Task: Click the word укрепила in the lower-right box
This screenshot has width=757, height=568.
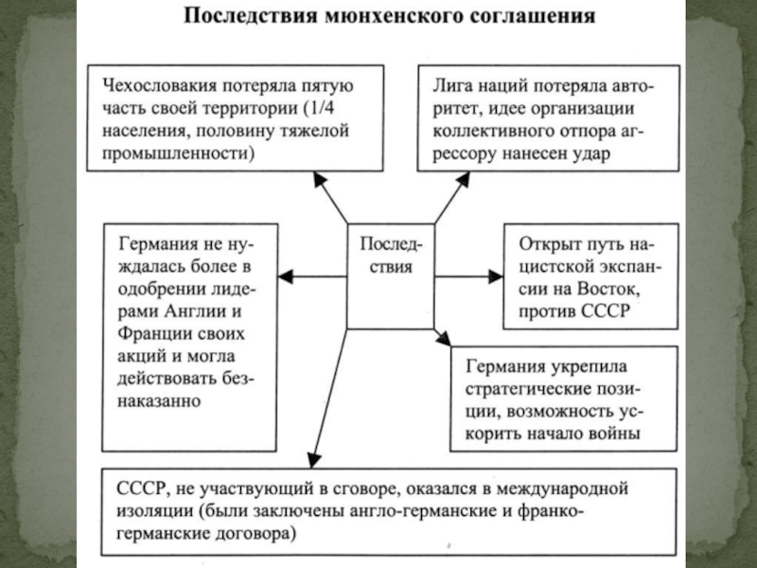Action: tap(581, 367)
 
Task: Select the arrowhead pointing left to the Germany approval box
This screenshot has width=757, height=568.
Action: tap(288, 276)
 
